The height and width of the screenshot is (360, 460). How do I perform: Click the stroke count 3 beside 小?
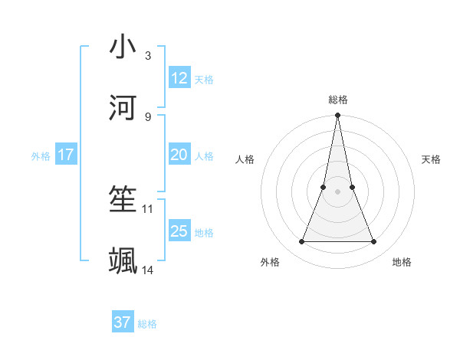147,55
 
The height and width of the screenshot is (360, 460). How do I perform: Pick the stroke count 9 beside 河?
147,116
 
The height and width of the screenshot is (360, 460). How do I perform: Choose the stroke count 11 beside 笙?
148,208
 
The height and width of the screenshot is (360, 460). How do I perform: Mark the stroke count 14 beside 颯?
148,270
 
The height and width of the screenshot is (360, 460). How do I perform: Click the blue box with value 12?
179,77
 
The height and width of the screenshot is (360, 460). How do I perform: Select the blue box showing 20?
179,155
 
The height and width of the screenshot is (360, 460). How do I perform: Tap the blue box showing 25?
179,231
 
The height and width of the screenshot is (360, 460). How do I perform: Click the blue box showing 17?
66,155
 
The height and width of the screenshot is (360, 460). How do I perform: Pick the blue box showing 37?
123,322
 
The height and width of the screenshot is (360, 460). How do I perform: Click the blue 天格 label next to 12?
204,79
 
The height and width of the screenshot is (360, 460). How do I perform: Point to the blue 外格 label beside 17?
41,156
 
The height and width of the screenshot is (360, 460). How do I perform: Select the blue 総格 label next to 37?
147,324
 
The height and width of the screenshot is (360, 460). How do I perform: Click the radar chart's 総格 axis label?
337,100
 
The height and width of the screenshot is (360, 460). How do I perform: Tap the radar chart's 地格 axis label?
402,262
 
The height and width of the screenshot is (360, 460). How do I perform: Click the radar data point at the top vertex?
337,116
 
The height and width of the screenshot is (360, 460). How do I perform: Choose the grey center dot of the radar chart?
337,191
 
